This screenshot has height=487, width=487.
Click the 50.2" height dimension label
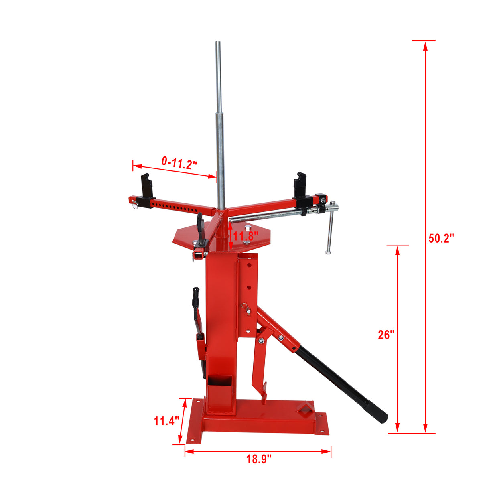pos(441,238)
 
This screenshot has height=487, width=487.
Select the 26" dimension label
pos(386,335)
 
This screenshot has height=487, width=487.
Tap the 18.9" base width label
pos(259,459)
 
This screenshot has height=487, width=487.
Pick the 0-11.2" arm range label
pos(179,162)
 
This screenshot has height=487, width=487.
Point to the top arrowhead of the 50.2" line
pos(426,45)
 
